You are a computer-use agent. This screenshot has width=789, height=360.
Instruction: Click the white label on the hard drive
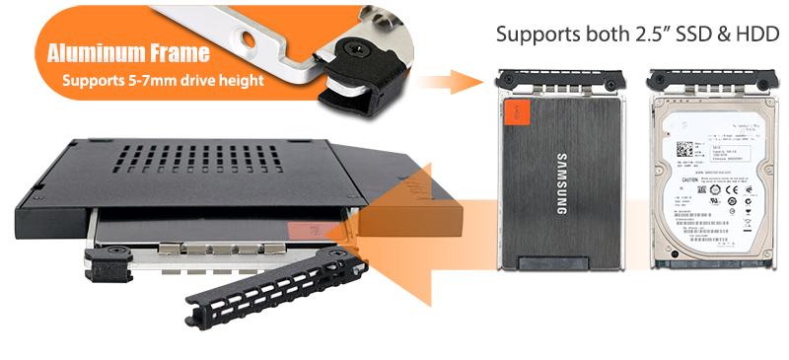coord(705,178)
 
